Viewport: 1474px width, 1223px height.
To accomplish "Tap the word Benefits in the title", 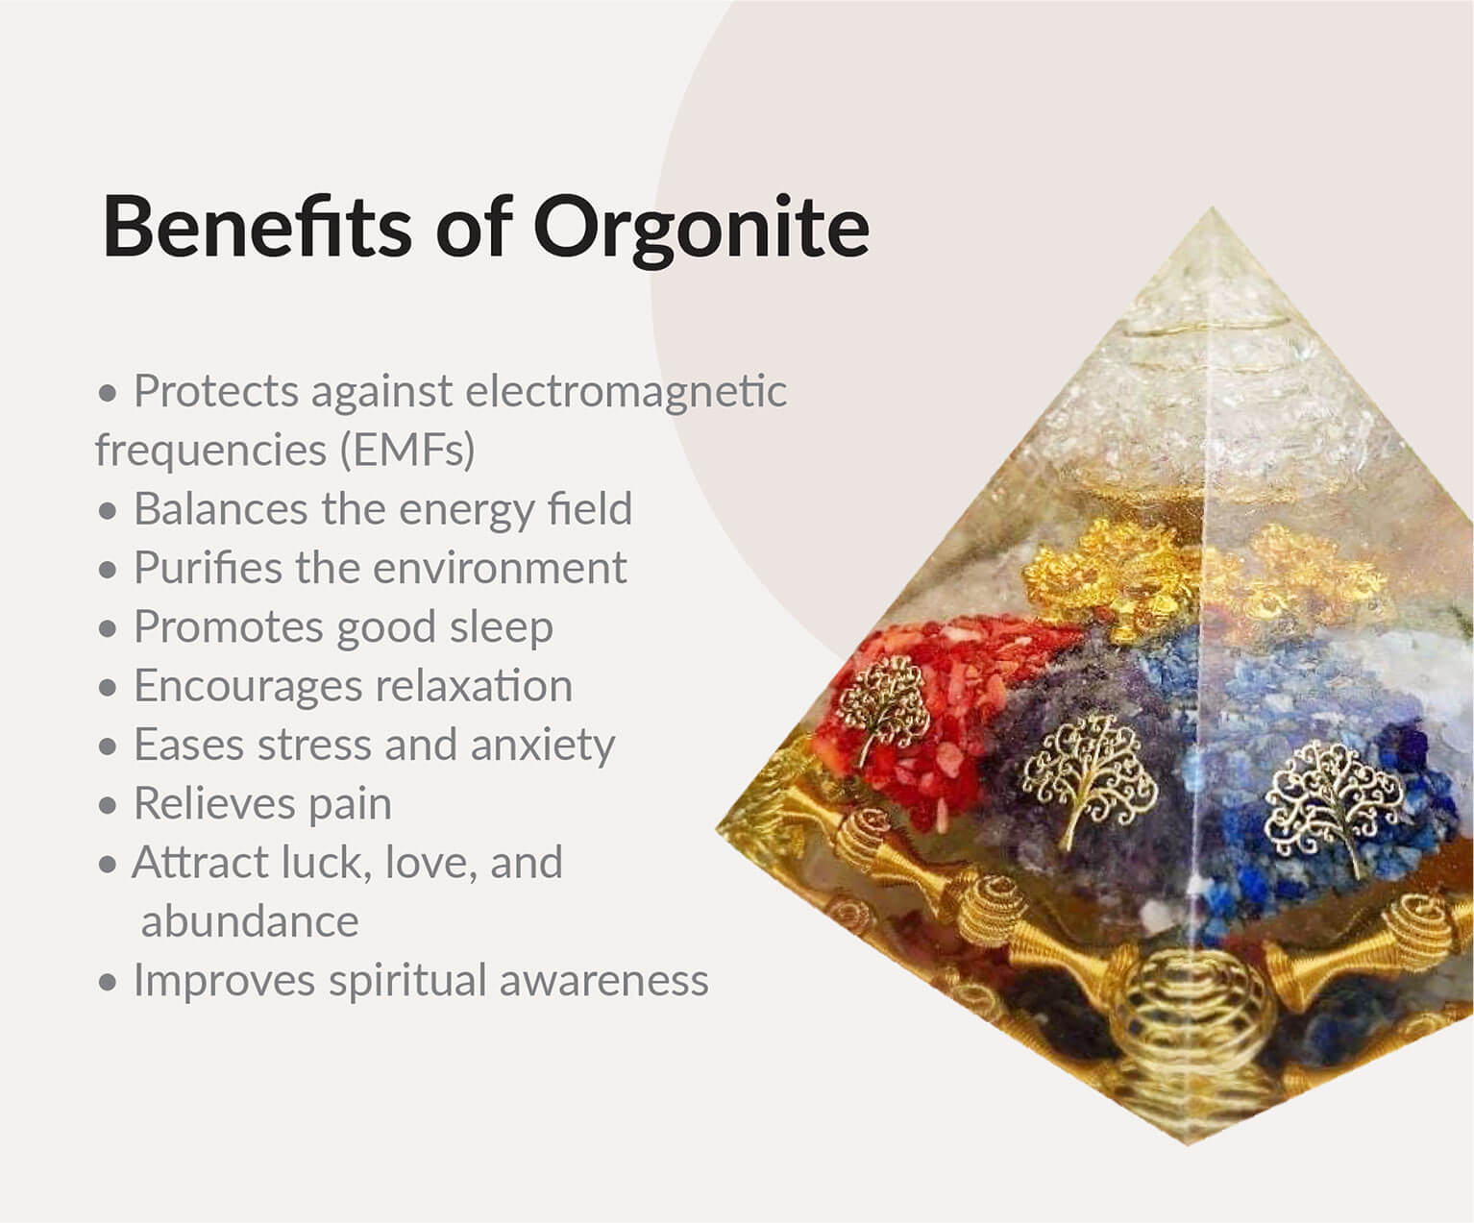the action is [x=257, y=226].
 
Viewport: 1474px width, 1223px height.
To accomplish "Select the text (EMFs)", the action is [x=407, y=450].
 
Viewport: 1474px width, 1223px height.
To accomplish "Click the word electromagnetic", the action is [x=626, y=390].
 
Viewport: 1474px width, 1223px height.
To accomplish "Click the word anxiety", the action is [x=543, y=746].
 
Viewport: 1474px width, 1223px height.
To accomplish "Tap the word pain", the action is [x=350, y=804].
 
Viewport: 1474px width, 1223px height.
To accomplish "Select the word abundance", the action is [x=250, y=921].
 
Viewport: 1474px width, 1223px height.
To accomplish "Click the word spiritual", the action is [x=408, y=981].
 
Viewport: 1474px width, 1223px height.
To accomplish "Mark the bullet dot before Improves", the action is [x=108, y=982].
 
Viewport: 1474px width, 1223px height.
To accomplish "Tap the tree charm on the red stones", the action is [x=882, y=708].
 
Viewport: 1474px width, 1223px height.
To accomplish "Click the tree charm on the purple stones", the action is [x=1089, y=776].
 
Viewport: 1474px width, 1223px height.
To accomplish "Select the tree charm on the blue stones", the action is [x=1335, y=804].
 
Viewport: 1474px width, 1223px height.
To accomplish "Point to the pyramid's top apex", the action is [x=1212, y=208].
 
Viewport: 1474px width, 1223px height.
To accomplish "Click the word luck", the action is [x=326, y=863].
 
